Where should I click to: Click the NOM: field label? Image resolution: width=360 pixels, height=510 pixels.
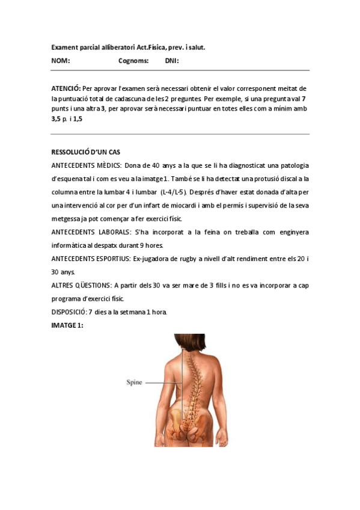coord(61,61)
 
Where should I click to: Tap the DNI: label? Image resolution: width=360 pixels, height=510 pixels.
coord(172,61)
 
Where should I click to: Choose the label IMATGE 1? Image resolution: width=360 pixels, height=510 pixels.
coord(67,325)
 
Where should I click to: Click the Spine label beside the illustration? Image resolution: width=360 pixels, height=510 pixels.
coord(134,382)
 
